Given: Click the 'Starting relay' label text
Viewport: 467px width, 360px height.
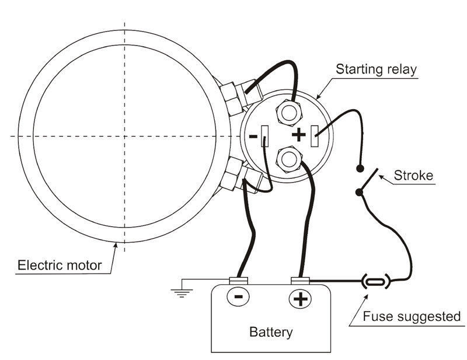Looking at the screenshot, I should click(376, 69).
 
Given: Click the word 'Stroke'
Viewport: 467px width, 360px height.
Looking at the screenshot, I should click(413, 175).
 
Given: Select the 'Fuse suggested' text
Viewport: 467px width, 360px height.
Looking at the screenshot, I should click(412, 317).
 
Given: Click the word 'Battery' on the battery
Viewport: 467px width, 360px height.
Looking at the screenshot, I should click(271, 333).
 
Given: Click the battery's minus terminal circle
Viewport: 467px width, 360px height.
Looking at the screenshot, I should click(238, 297).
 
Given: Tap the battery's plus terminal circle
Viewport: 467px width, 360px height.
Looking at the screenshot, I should click(299, 299).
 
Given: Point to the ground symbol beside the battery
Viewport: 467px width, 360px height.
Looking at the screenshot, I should click(182, 290).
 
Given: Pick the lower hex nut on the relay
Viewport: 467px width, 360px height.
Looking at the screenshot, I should click(288, 158).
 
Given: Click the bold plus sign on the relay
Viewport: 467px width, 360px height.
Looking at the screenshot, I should click(298, 135).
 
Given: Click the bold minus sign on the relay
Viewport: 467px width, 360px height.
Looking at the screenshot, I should click(253, 136).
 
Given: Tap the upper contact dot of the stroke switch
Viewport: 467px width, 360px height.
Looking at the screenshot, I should click(360, 168).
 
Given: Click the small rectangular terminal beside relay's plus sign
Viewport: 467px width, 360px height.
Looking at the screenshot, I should click(315, 136).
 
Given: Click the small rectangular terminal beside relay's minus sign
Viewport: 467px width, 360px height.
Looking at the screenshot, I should click(265, 136).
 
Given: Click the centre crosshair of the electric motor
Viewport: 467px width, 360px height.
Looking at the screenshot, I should click(124, 136).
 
